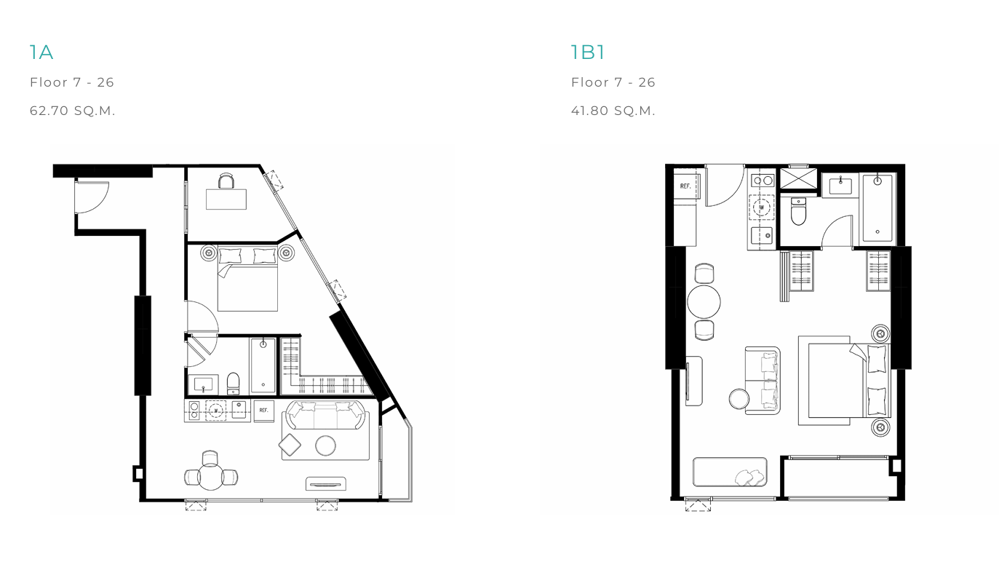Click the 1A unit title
tap(41, 52)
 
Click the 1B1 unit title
tap(588, 52)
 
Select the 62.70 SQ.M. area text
tap(72, 111)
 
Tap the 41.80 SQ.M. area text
tap(613, 111)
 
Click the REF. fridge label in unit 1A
tap(263, 410)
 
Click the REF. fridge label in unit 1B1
tap(685, 186)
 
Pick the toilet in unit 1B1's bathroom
tap(798, 212)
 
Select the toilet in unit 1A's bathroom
tap(234, 384)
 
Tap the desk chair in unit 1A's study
tap(226, 181)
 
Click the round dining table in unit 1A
tap(210, 477)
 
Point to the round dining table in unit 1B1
tap(704, 301)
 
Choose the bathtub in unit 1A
tap(263, 366)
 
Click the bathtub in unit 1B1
tap(877, 208)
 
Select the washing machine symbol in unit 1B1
tap(762, 207)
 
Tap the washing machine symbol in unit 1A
tap(216, 411)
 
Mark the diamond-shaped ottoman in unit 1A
tap(290, 445)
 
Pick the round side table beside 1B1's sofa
tap(739, 398)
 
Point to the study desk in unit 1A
tap(226, 199)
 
